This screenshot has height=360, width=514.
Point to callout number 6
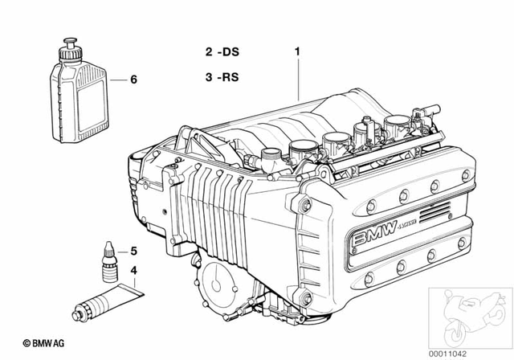pyautogui.click(x=134, y=80)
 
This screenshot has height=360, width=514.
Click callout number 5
pyautogui.click(x=134, y=250)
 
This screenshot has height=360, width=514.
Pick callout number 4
pyautogui.click(x=134, y=270)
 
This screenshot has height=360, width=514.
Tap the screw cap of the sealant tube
pyautogui.click(x=78, y=309)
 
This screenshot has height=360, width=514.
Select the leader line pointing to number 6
pyautogui.click(x=116, y=80)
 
